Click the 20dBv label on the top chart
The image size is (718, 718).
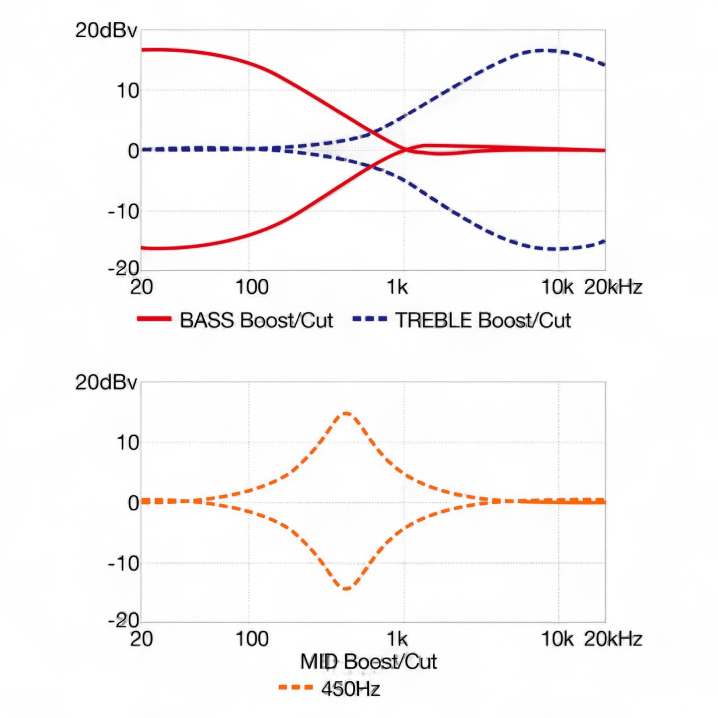click(106, 31)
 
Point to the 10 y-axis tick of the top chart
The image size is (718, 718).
click(128, 91)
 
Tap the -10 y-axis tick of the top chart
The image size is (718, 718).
click(124, 212)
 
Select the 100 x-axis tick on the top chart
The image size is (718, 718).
click(252, 287)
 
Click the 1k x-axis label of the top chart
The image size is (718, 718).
click(397, 287)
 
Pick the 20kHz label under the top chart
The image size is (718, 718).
click(613, 287)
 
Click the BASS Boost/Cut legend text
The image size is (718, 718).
click(256, 320)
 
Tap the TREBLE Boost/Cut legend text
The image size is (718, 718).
click(483, 320)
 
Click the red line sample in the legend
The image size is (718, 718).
click(154, 319)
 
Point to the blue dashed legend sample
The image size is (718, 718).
click(370, 319)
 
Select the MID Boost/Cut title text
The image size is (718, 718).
click(368, 662)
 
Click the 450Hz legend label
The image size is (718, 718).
click(351, 689)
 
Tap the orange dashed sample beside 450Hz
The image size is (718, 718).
click(296, 688)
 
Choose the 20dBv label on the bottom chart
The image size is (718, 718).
click(106, 383)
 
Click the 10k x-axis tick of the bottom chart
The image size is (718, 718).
click(557, 639)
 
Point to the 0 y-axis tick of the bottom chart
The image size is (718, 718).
click(133, 503)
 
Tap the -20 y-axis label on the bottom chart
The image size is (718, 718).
click(124, 620)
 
